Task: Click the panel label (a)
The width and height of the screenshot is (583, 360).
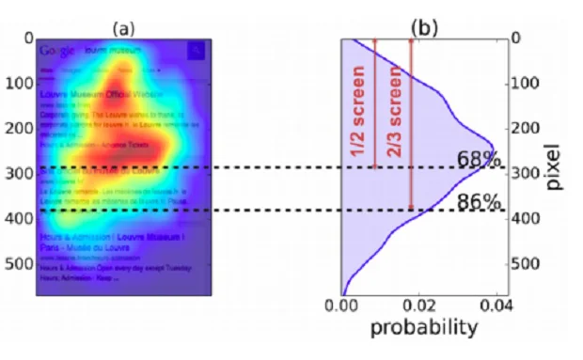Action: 124,27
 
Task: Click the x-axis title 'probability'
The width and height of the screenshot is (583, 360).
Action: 423,328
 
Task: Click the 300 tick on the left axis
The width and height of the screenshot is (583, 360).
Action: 18,174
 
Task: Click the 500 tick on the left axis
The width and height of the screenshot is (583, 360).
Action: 18,265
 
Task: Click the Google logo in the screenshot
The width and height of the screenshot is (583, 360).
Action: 57,49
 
